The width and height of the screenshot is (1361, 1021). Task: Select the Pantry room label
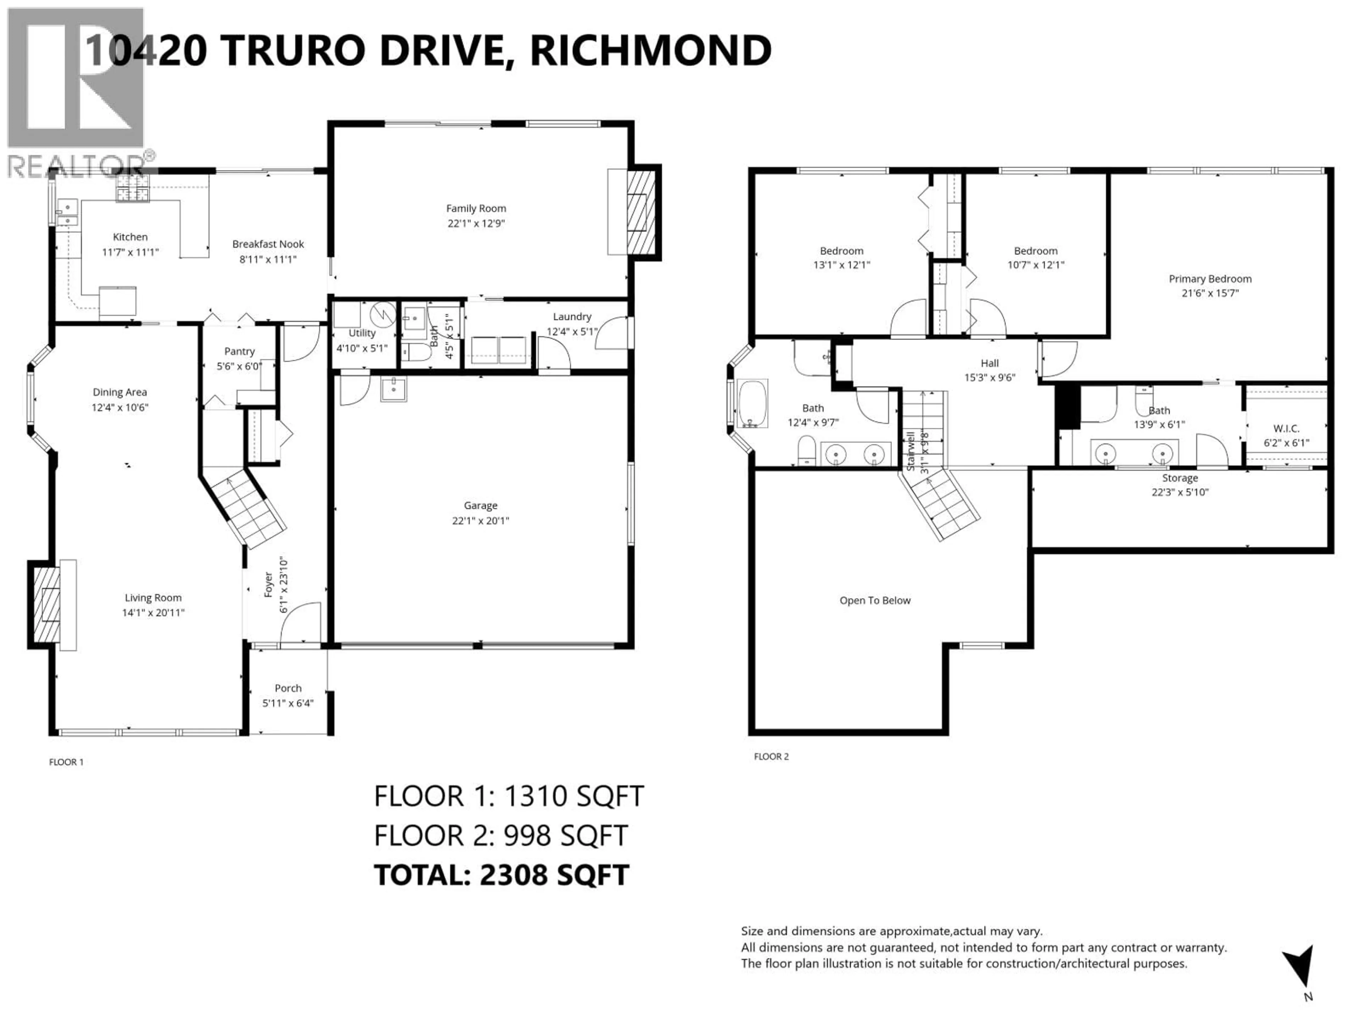coord(239,351)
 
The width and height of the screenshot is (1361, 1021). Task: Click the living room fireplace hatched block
coord(45,604)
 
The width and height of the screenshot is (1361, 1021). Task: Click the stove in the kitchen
coord(133,188)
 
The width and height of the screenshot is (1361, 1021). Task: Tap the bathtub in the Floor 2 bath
coord(752,404)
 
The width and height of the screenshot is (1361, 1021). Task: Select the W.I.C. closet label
coord(1286,428)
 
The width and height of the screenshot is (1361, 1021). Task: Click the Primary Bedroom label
coord(1210,279)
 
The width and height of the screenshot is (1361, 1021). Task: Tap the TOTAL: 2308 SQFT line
coord(502,875)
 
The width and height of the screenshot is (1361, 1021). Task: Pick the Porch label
coord(288,688)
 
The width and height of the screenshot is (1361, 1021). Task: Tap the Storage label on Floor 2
coord(1180,478)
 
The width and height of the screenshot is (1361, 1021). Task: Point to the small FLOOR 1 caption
coord(66,762)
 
